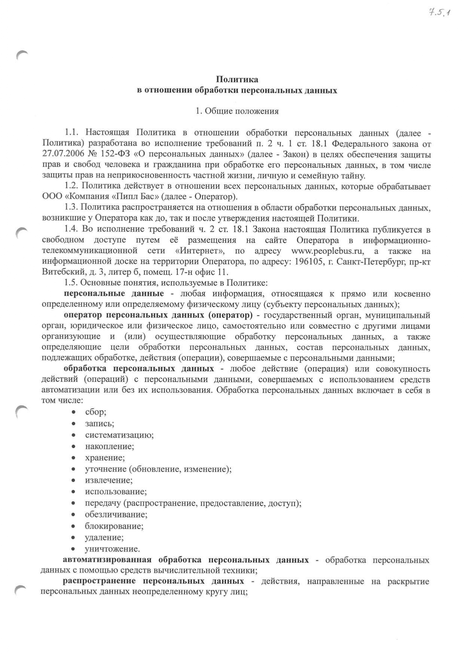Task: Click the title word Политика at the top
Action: pyautogui.click(x=237, y=80)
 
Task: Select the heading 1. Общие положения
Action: pyautogui.click(x=237, y=111)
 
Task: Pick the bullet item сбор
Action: pyautogui.click(x=96, y=412)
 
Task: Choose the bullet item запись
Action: pyautogui.click(x=99, y=424)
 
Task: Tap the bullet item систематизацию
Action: pyautogui.click(x=119, y=435)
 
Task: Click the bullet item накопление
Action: pyautogui.click(x=109, y=446)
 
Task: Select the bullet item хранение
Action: pyautogui.click(x=105, y=458)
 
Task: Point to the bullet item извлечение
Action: pyautogui.click(x=109, y=480)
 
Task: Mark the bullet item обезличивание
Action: pyautogui.click(x=116, y=515)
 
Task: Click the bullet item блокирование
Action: pyautogui.click(x=114, y=526)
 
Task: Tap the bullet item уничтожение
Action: pyautogui.click(x=112, y=549)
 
